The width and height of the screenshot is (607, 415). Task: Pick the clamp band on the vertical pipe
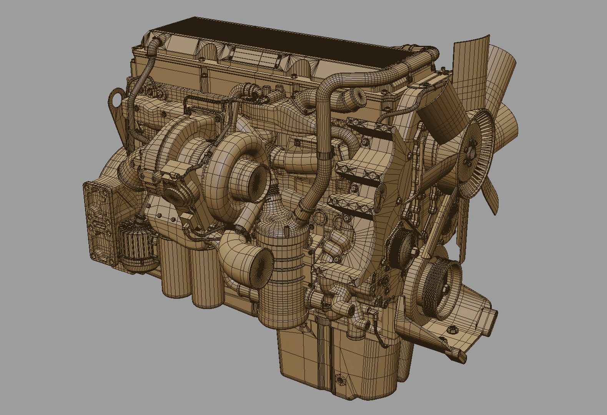325,156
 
